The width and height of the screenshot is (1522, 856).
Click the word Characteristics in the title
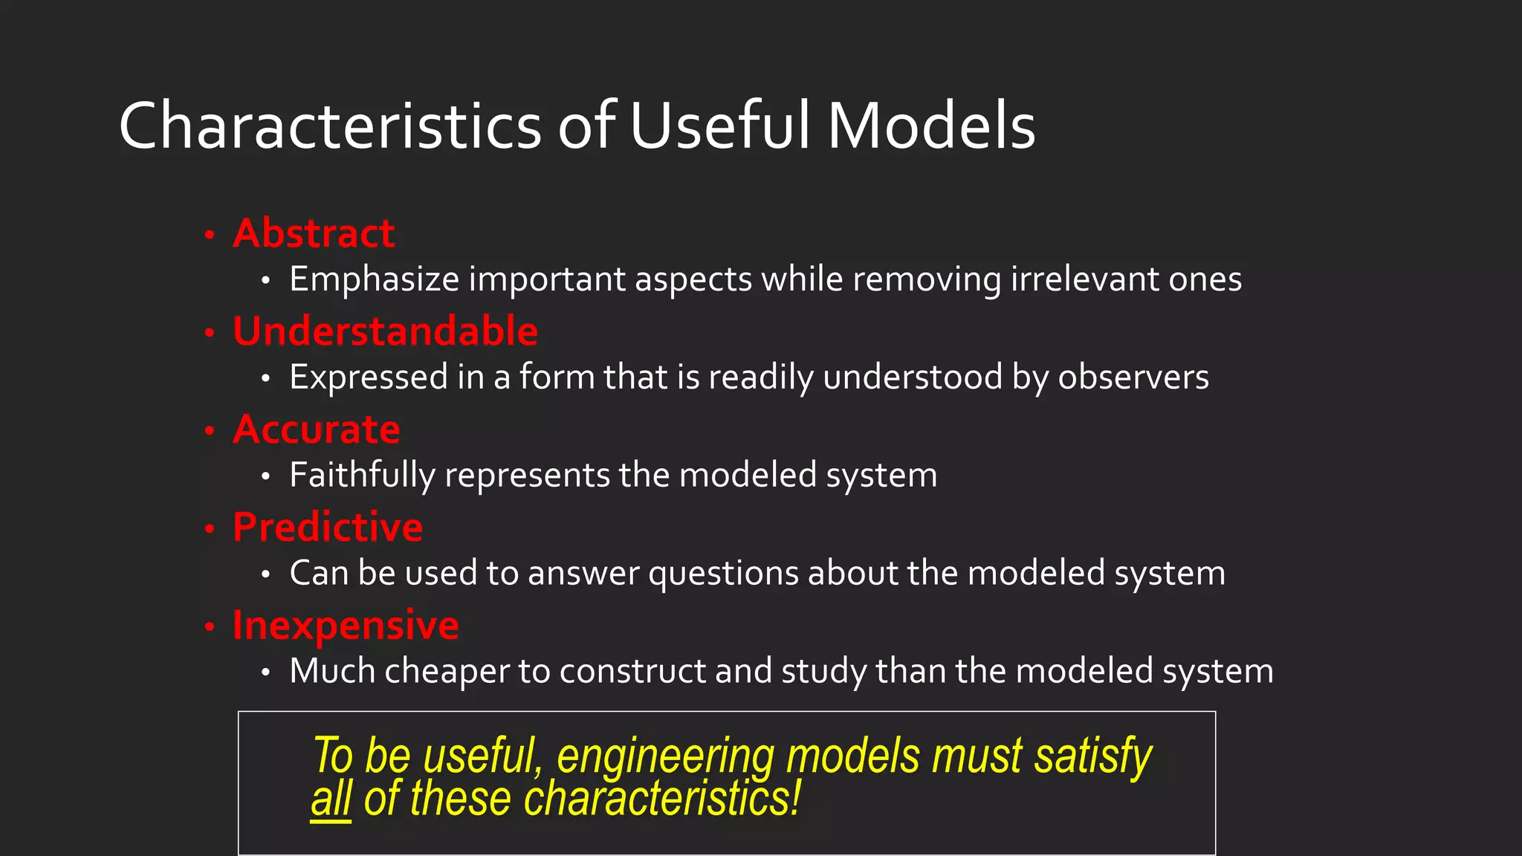coord(330,126)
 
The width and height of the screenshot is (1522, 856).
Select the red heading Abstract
coord(314,233)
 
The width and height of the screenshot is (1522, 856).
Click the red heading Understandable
coord(385,331)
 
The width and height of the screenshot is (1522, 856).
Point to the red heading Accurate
coord(317,429)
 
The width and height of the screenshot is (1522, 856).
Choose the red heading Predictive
coord(328,528)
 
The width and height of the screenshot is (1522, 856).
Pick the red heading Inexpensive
coord(346,626)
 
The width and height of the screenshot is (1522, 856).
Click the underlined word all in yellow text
coord(331,800)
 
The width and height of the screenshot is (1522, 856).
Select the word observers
coord(1133,377)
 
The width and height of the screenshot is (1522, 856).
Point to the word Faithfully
coord(362,476)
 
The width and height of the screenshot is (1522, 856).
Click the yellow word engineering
coord(665,756)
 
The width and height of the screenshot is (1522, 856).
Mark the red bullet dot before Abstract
coord(210,236)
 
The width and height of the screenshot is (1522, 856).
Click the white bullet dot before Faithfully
coord(265,476)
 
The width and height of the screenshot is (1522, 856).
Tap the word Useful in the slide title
coord(719,126)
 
